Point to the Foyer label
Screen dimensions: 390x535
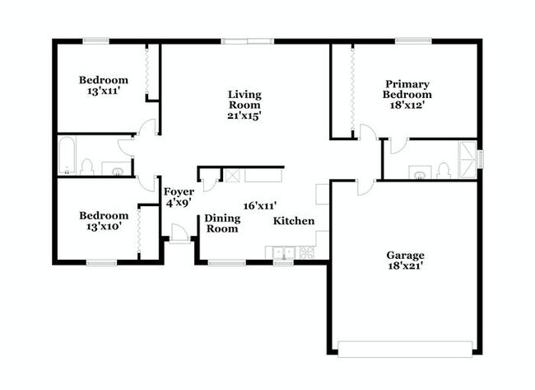[178, 191]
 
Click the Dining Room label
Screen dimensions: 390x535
[222, 223]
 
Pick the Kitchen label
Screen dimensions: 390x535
[293, 221]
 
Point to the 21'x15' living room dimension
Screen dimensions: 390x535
[244, 116]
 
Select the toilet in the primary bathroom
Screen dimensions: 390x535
[444, 171]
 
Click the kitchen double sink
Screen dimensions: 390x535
[283, 252]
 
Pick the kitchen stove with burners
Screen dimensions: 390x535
[307, 252]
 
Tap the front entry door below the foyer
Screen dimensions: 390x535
[179, 233]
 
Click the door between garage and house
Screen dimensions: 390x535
[362, 186]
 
